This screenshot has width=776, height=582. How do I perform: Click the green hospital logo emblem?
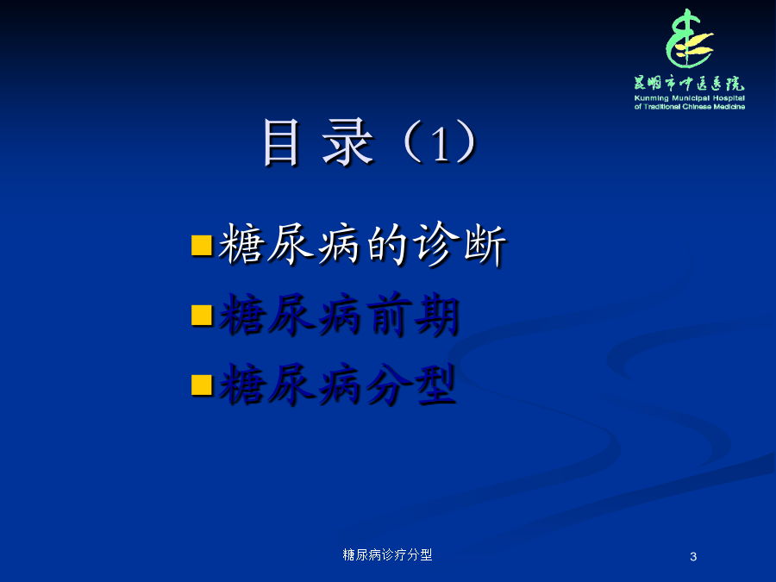[690, 38]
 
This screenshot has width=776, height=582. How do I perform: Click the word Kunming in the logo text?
[651, 98]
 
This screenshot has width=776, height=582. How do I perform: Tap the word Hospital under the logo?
[729, 98]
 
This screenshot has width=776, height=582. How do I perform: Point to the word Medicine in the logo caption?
[729, 106]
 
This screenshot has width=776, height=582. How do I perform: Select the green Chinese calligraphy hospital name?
[690, 83]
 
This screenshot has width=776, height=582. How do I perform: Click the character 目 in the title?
[281, 142]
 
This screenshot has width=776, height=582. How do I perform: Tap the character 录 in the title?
[348, 142]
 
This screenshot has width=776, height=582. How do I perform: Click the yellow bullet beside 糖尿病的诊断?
[202, 246]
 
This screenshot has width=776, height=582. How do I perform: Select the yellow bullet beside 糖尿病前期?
[202, 316]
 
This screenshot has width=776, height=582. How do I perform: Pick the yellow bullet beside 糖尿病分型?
[202, 385]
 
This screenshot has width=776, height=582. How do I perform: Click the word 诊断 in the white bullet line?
[460, 245]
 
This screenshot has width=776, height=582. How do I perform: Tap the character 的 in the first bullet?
[387, 245]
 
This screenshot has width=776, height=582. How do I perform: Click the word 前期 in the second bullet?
[414, 315]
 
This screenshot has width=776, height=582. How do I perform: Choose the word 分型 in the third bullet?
[411, 385]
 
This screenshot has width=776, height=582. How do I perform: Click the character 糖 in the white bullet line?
[240, 244]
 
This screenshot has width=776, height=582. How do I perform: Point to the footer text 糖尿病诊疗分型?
[387, 554]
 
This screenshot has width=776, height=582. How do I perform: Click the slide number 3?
[693, 557]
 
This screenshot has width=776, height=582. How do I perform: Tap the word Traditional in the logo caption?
[661, 106]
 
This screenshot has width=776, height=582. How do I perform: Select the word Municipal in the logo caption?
[691, 98]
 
